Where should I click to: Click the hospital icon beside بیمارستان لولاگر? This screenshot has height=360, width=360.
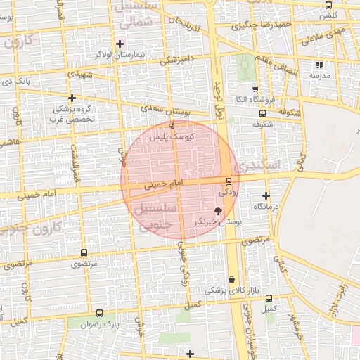[120, 44]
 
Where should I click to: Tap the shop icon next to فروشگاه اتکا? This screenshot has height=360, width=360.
[255, 89]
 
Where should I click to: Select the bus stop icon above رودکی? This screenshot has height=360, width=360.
[228, 181]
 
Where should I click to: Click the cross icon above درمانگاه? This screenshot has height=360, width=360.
[266, 196]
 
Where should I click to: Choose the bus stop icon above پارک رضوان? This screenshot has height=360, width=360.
[99, 314]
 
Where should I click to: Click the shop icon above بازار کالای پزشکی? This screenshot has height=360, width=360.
[232, 279]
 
